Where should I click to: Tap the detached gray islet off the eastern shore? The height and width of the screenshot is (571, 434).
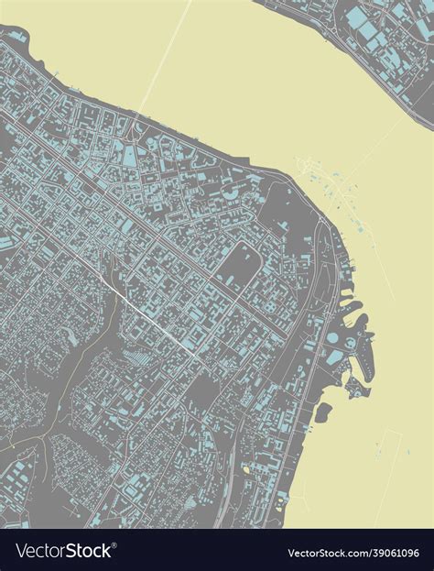322,413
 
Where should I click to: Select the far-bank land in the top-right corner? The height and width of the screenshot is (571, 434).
385,37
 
